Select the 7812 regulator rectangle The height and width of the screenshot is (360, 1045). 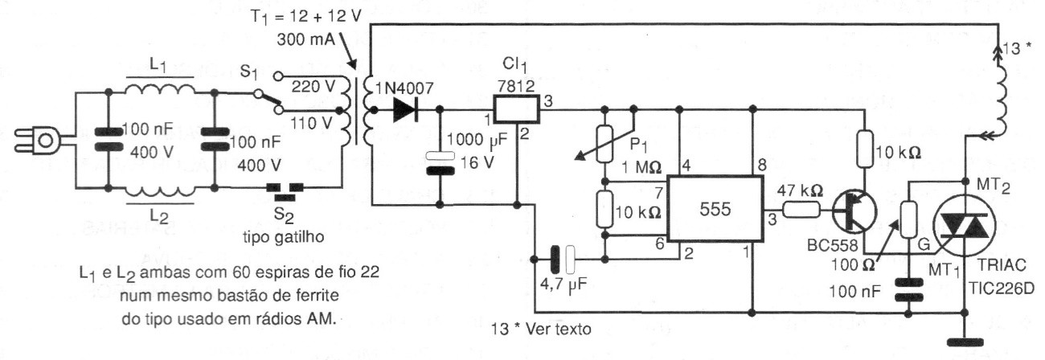pos(515,108)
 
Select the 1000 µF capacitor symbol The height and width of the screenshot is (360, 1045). pos(441,157)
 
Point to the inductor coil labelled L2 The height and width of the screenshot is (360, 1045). pos(160,188)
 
